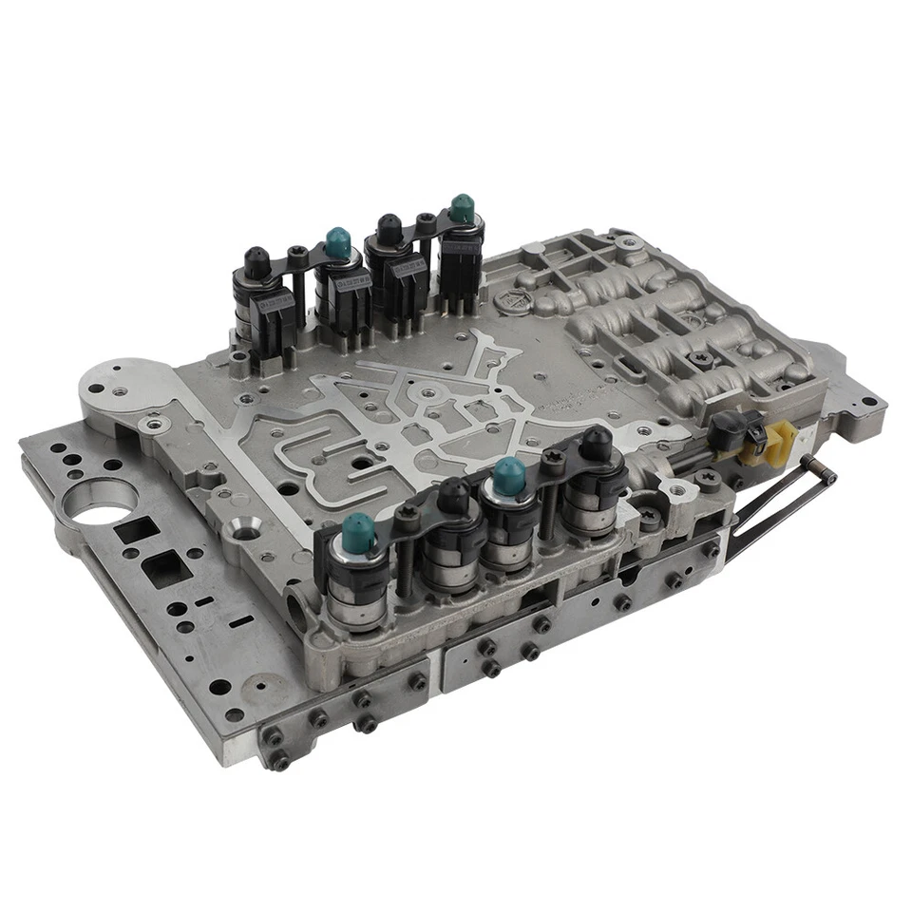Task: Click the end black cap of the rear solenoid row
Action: click(x=256, y=259)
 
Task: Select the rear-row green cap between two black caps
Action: click(x=337, y=242)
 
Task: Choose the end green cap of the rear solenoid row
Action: click(x=463, y=208)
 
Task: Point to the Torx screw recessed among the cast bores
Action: click(x=703, y=359)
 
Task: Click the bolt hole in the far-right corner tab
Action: click(x=868, y=402)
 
